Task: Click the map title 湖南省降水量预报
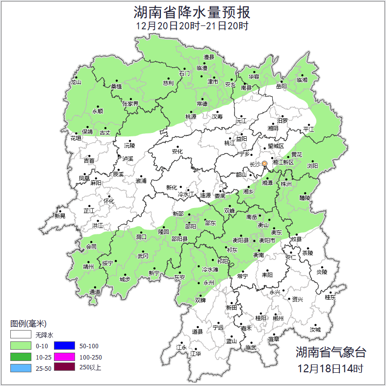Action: [x=192, y=12]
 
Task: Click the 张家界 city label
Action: [x=130, y=103]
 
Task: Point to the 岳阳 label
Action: [x=282, y=86]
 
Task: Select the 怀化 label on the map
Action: [x=108, y=201]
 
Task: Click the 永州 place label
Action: [x=208, y=283]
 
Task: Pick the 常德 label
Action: [x=202, y=103]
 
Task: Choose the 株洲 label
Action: [x=286, y=184]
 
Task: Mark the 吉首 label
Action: [x=89, y=160]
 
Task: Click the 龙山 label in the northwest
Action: [x=75, y=82]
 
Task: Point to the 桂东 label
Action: [x=331, y=297]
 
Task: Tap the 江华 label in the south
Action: [x=196, y=353]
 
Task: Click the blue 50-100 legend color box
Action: [x=64, y=346]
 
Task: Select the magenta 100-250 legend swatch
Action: [x=64, y=357]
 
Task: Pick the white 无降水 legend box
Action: [x=21, y=335]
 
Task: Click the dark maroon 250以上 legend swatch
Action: [x=64, y=367]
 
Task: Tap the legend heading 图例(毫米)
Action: [x=28, y=324]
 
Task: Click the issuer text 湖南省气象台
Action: [x=331, y=352]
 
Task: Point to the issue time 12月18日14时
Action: [x=331, y=368]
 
